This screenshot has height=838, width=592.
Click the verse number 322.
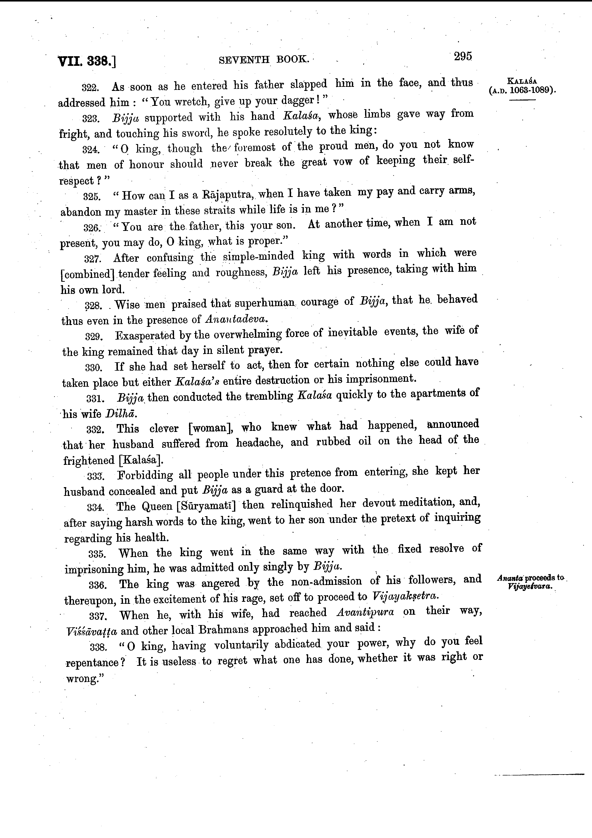tap(89, 88)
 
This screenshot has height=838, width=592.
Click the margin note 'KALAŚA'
tap(522, 81)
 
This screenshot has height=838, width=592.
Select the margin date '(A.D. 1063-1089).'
tap(522, 90)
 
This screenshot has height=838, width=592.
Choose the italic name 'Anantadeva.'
tap(237, 319)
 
